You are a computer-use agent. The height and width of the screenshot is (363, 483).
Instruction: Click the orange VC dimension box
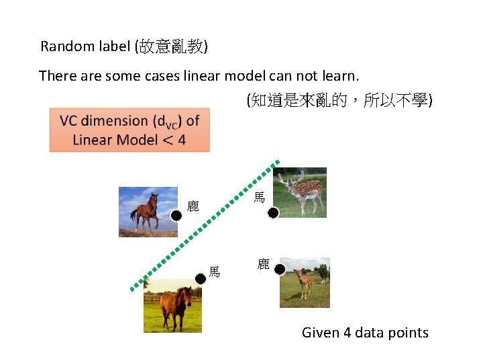point(129,130)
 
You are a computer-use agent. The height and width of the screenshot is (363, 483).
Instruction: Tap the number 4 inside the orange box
point(182,140)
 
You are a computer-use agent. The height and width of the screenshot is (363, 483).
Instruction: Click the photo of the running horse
point(148,212)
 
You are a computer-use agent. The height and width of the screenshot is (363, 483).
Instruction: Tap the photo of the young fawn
point(305,282)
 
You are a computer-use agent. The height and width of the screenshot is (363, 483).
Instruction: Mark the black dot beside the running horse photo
point(176,216)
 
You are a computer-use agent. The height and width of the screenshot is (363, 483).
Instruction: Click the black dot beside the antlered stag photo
point(273,213)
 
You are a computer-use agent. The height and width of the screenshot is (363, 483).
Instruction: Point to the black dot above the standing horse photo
point(200,278)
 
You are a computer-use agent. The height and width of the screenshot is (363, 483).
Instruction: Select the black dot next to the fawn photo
point(280,270)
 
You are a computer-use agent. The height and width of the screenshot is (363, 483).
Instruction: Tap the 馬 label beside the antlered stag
point(260,198)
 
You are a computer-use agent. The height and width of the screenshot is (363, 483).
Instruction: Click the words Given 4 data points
point(365,332)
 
